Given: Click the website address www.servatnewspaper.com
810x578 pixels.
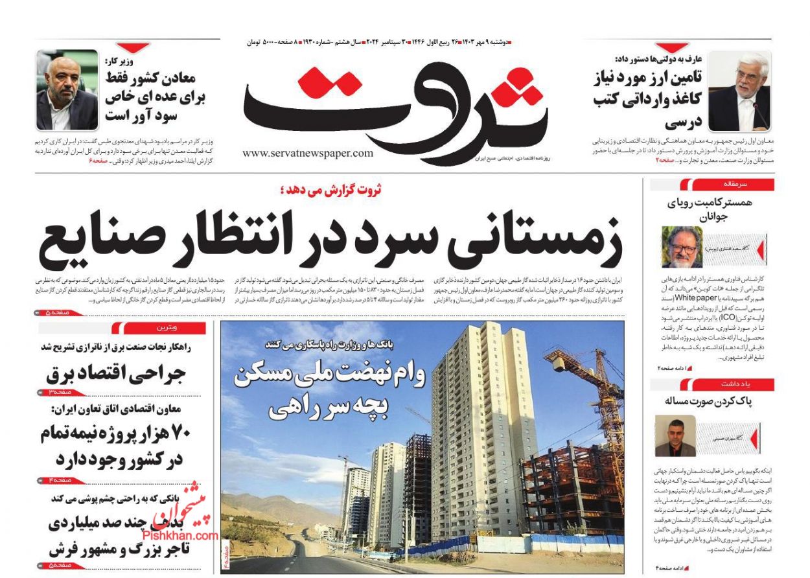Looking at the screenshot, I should [x=308, y=153].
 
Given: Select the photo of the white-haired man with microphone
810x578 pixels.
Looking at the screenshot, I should [x=739, y=91].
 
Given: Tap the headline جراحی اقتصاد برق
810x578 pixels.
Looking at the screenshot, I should [x=117, y=374].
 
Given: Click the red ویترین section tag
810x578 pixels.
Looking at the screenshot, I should [x=159, y=328].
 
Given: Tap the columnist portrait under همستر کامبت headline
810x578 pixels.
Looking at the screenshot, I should [x=682, y=248].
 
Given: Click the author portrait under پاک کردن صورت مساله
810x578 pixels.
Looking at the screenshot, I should [x=675, y=435].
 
